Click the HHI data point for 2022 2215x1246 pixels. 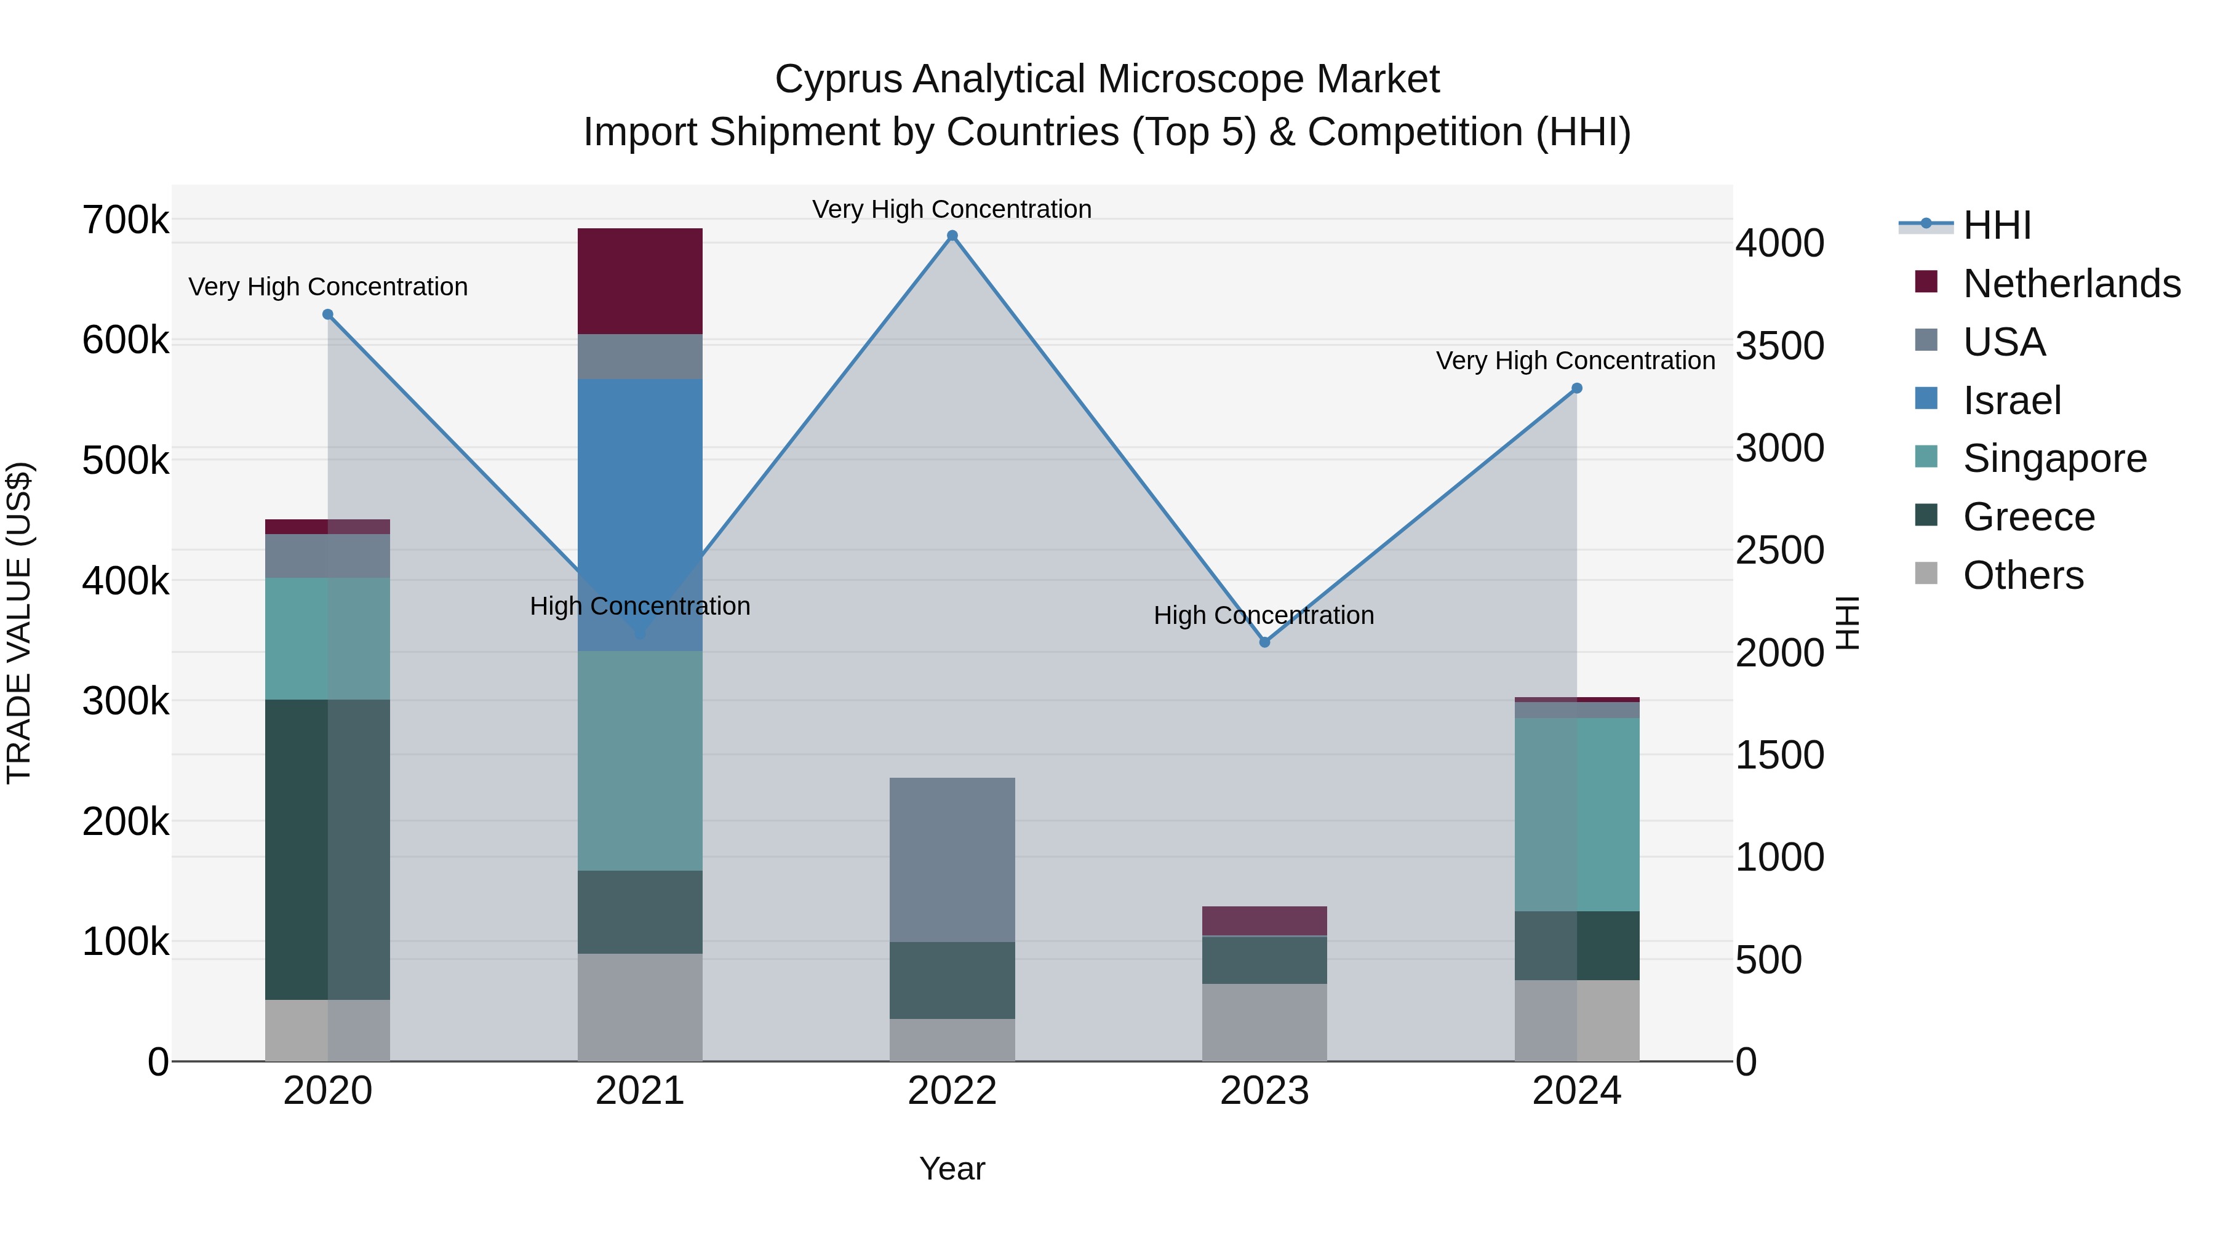pos(952,236)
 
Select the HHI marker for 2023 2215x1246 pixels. pos(1264,642)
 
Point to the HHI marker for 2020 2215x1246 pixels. pos(327,314)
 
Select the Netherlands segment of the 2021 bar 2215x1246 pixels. pos(640,281)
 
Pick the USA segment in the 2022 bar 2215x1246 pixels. pos(952,860)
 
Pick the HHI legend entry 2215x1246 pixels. pos(1996,225)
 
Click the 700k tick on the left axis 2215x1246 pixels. pos(126,220)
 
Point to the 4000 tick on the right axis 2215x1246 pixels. pos(1779,243)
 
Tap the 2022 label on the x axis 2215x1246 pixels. pos(952,1091)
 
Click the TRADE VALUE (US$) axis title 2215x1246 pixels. pos(19,623)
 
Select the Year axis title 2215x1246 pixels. pos(952,1168)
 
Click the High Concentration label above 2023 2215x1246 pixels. pos(1263,616)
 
